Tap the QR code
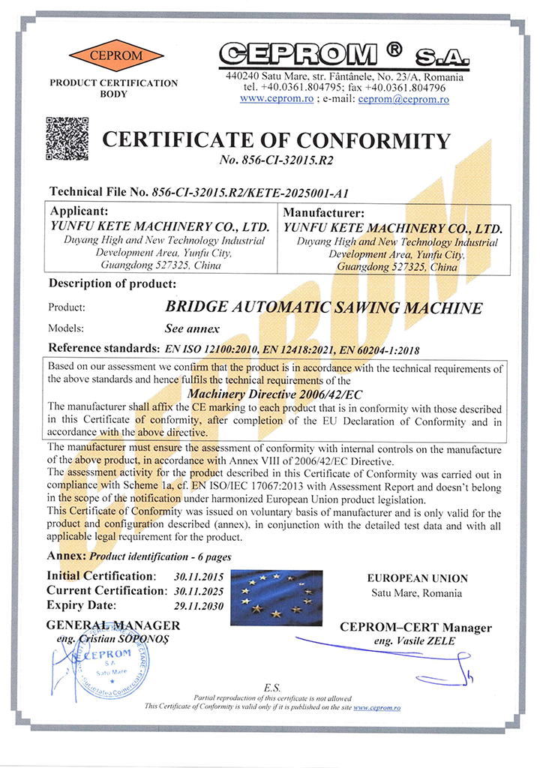tap(67, 139)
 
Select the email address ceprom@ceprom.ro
tap(403, 99)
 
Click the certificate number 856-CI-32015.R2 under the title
tap(277, 160)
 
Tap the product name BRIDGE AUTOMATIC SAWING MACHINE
tap(323, 307)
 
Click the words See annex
tap(191, 328)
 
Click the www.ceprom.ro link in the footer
tap(376, 707)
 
